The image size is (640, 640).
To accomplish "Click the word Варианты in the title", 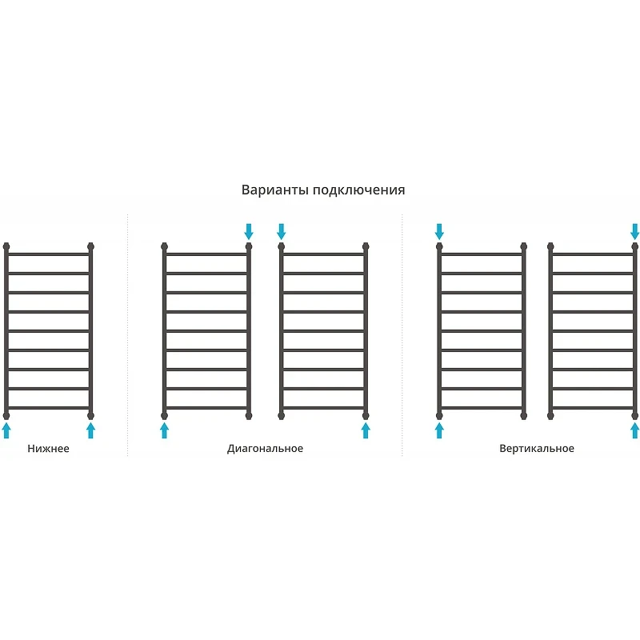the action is [275, 190].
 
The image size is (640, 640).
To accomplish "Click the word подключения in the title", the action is [359, 190].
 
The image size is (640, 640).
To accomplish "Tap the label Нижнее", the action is [48, 449].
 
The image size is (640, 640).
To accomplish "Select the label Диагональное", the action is [265, 449].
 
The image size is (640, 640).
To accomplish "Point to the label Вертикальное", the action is [537, 449].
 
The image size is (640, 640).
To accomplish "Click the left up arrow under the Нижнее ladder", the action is [6, 430].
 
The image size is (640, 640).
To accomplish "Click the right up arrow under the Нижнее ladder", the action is [90, 430].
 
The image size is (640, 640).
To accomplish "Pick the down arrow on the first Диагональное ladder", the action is [249, 231].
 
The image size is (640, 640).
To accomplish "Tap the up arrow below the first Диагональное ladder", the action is [164, 430].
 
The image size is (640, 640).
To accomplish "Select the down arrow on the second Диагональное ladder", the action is [281, 231].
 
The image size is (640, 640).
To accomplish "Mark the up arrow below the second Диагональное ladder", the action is [366, 430].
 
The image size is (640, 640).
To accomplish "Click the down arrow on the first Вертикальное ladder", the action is [439, 231].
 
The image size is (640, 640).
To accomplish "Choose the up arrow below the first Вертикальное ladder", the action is [439, 430].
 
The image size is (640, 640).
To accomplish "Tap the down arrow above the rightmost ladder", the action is [634, 231].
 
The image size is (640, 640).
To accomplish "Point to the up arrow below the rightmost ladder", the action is [634, 430].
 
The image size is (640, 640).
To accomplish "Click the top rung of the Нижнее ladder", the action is [48, 254].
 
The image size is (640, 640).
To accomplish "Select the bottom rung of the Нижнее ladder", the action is [48, 408].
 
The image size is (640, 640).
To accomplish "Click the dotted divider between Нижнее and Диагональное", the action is [127, 334].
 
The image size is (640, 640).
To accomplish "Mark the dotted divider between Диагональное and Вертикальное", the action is [402, 334].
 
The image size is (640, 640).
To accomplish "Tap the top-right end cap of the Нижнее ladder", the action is [90, 246].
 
